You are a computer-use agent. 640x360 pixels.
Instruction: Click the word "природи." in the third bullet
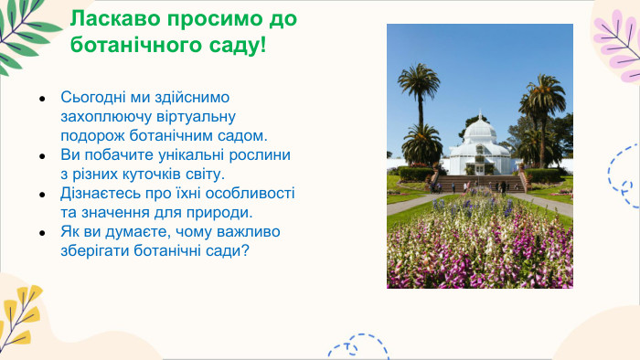217,212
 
